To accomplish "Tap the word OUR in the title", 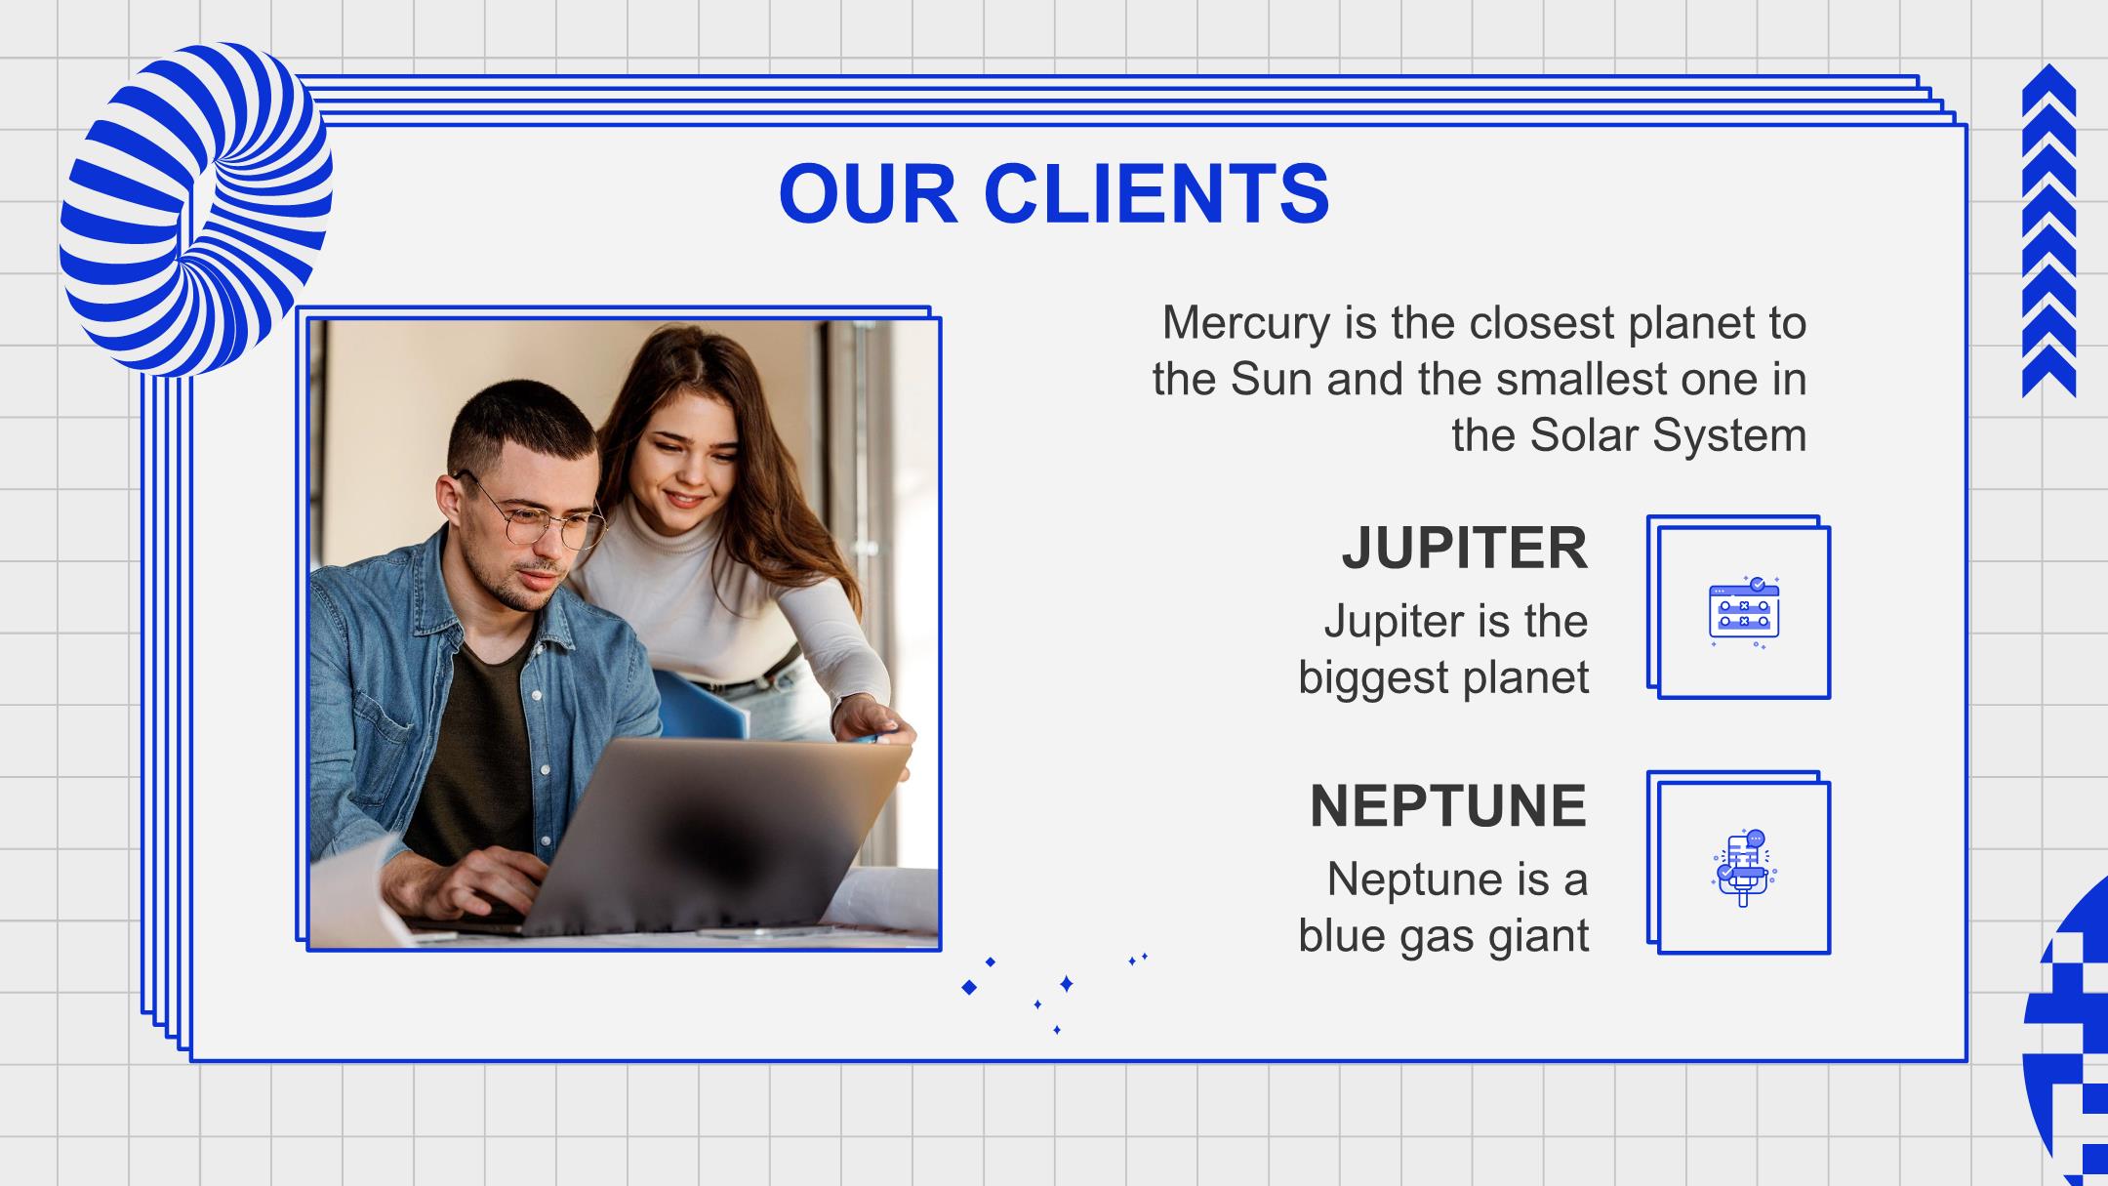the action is click(868, 193).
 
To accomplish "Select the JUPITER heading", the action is click(1465, 549).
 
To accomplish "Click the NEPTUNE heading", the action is click(1448, 806).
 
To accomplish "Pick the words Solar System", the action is click(1668, 434).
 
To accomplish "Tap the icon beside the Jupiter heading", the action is click(1744, 612).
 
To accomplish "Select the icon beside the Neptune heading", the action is click(1744, 868).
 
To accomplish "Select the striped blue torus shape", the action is click(196, 209).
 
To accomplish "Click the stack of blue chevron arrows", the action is click(2049, 230).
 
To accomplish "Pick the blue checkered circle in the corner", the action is click(2069, 1035).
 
